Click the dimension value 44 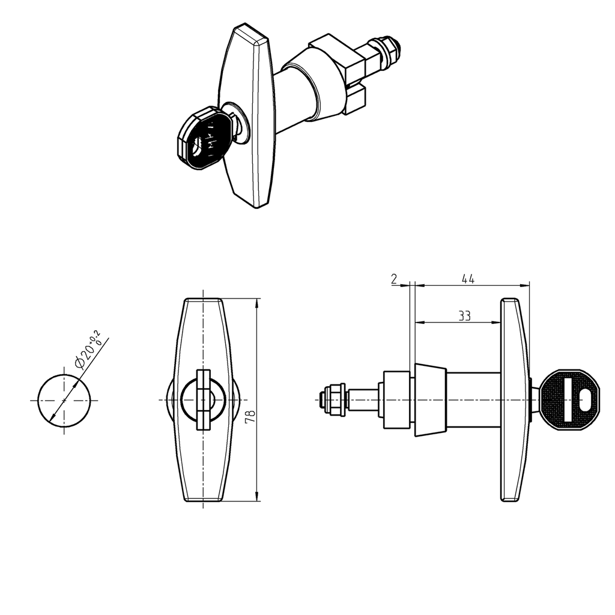pos(468,279)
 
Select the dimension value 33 pos(464,316)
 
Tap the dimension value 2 pos(394,279)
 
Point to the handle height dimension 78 pos(250,416)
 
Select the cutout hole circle pos(64,400)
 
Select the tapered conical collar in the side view pos(431,400)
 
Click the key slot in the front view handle pos(203,400)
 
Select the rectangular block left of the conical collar pos(396,400)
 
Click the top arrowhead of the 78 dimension pos(257,303)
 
